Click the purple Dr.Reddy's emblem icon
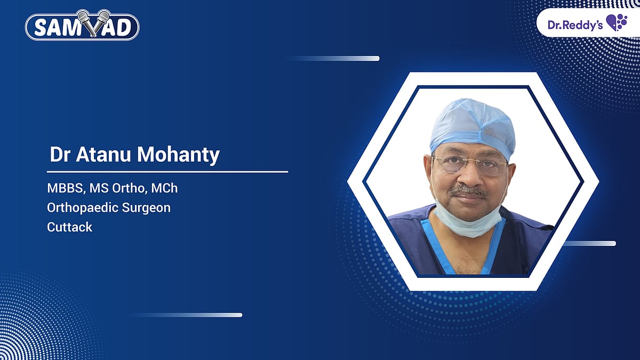(x=617, y=22)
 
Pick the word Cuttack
(x=70, y=227)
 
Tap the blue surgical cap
(x=473, y=126)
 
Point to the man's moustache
(x=468, y=189)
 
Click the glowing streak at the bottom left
(x=203, y=315)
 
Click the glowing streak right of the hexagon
(x=592, y=244)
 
